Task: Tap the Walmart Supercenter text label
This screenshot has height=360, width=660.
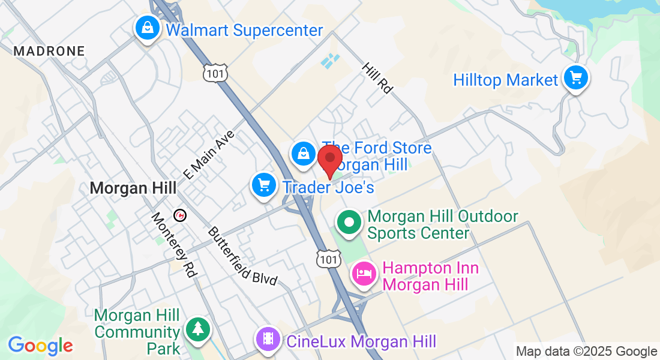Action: (244, 30)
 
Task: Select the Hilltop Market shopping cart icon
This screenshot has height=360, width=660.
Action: (576, 78)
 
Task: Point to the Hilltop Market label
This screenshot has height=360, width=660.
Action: (505, 80)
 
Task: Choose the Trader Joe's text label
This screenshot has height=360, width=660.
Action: (328, 188)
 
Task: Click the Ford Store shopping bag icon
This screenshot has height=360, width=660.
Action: (304, 154)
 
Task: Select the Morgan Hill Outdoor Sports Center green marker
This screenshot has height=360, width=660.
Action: (348, 223)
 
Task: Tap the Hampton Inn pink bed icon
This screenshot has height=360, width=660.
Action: (364, 274)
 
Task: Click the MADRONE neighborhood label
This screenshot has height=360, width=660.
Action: (49, 51)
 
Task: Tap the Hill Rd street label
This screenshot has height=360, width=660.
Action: (377, 77)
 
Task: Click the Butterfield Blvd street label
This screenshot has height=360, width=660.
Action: (242, 256)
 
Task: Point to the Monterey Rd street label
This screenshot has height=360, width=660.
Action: (174, 245)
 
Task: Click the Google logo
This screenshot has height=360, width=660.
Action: (40, 346)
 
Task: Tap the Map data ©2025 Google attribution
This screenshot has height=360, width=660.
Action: (587, 352)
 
